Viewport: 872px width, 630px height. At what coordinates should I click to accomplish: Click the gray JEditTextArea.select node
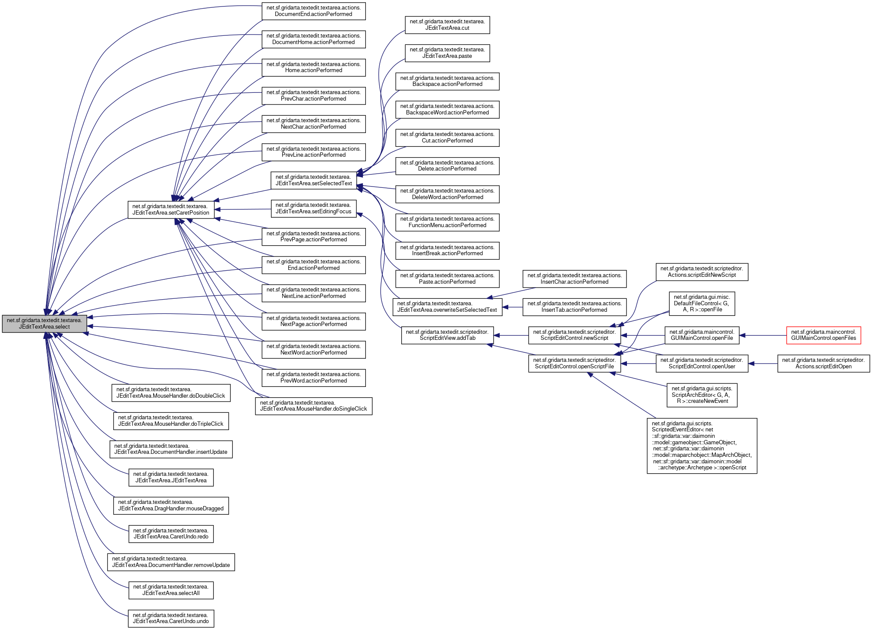(44, 324)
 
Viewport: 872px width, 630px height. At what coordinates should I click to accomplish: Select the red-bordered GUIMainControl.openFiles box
(823, 335)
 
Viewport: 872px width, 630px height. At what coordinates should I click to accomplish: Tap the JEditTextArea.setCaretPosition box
(171, 209)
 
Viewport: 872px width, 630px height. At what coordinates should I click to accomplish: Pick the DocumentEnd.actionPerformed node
(313, 11)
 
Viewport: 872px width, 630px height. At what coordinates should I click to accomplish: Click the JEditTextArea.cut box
(447, 25)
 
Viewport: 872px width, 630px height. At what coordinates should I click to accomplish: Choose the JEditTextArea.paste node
(447, 53)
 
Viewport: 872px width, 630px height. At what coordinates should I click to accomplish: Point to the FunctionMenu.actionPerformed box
(447, 222)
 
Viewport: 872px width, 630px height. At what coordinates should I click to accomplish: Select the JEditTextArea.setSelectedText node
(313, 180)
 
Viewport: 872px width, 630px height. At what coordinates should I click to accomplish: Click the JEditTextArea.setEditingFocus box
(313, 208)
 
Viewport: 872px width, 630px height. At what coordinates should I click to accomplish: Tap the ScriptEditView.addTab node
(447, 335)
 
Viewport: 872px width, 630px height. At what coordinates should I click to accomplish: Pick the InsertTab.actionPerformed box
(574, 307)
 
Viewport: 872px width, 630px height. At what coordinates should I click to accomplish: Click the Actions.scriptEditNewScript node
(702, 272)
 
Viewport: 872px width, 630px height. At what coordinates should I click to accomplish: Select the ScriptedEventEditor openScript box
(702, 446)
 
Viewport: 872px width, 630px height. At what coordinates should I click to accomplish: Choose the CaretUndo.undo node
(171, 618)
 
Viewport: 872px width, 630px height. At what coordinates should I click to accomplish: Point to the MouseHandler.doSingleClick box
(313, 406)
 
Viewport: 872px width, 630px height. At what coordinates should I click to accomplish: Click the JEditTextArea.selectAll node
(171, 590)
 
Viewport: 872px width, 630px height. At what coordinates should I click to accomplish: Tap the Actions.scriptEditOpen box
(823, 363)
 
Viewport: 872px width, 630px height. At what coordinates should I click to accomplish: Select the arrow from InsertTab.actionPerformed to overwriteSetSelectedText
(513, 307)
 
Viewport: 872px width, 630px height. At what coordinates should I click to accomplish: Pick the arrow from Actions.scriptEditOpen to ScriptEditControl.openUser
(763, 364)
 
